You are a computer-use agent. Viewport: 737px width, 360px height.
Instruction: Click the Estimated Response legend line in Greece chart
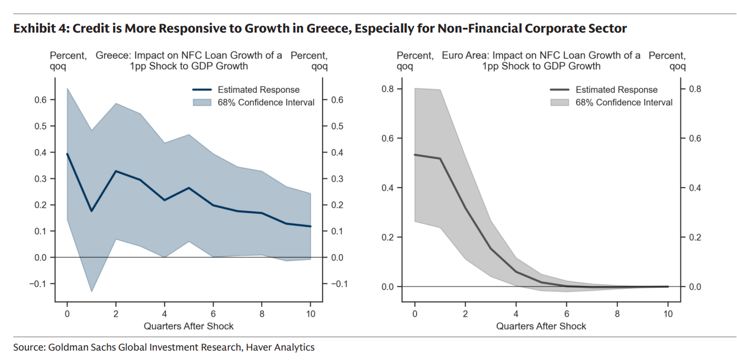pyautogui.click(x=202, y=90)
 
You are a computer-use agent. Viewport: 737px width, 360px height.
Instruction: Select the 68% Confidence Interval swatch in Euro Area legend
pyautogui.click(x=560, y=102)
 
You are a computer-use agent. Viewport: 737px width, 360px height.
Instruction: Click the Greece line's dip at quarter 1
pyautogui.click(x=91, y=211)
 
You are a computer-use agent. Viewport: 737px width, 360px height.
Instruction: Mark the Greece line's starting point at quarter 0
pyautogui.click(x=67, y=154)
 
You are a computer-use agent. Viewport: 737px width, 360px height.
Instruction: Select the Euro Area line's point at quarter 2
pyautogui.click(x=465, y=208)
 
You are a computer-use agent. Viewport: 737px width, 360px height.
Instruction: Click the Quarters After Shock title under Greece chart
pyautogui.click(x=189, y=326)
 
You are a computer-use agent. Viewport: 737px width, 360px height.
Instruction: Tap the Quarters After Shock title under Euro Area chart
pyautogui.click(x=541, y=326)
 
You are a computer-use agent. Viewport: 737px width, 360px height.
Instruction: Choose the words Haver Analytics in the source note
pyautogui.click(x=279, y=348)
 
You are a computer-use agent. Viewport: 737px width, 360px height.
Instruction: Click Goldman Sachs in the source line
pyautogui.click(x=76, y=348)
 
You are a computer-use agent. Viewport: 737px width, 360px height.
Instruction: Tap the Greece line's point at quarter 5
pyautogui.click(x=189, y=188)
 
